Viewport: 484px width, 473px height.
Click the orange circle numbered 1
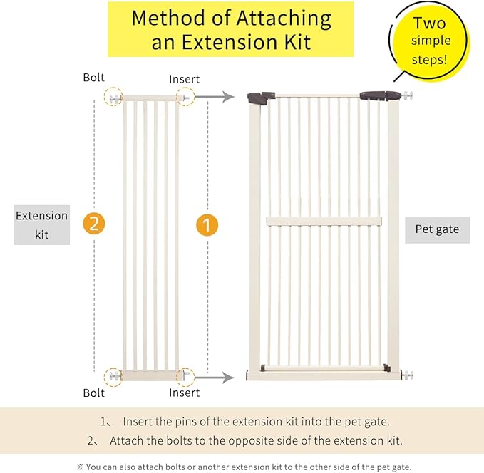click(206, 226)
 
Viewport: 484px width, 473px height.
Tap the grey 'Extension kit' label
click(41, 224)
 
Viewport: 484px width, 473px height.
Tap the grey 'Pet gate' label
click(437, 230)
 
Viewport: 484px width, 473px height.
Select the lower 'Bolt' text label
click(93, 393)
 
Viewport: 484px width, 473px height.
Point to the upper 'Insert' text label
click(184, 78)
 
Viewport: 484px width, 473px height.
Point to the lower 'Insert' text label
click(184, 393)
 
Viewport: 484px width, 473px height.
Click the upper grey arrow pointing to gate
click(217, 97)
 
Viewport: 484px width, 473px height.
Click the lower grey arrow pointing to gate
click(217, 378)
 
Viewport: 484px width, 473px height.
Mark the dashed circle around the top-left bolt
click(113, 97)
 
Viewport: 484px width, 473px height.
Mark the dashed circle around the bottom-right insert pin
click(185, 375)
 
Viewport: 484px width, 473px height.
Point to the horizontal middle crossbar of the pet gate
click(324, 221)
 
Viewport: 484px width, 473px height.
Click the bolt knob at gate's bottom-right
click(408, 375)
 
